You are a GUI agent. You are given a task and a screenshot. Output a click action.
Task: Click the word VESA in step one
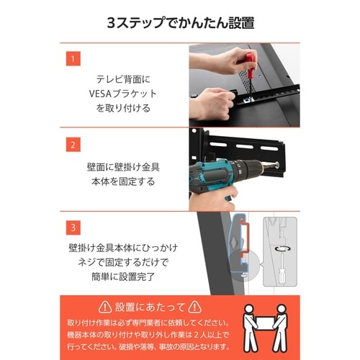pos(109,94)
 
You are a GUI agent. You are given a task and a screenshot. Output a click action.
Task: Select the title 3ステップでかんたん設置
pos(179,22)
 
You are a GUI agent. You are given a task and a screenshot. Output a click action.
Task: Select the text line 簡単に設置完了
pos(130,274)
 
